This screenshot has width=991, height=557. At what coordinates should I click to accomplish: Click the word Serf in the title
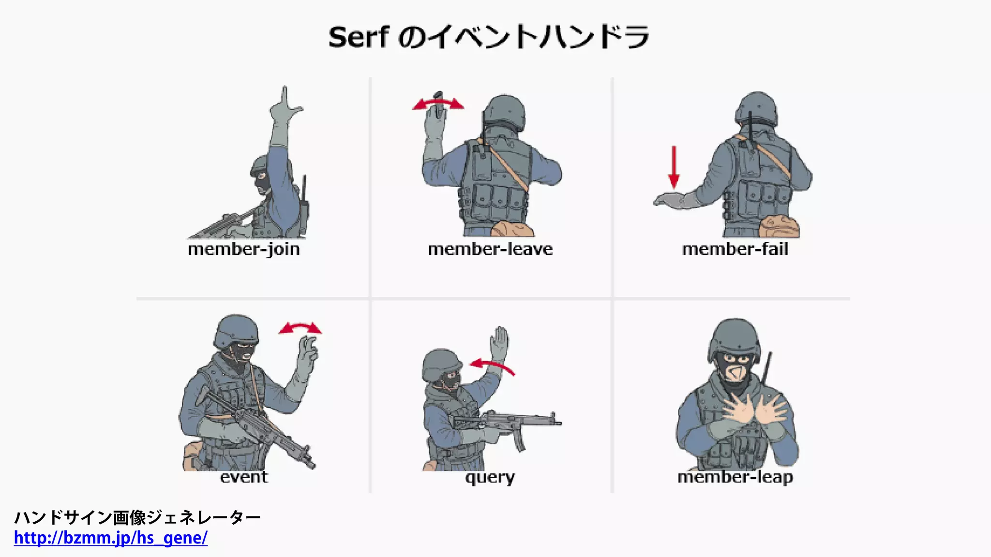[358, 37]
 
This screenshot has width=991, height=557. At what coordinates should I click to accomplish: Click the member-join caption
[244, 249]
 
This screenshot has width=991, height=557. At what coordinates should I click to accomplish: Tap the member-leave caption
[490, 249]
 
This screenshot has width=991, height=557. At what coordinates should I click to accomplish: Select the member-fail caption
[735, 249]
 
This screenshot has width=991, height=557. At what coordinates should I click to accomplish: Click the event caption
[243, 477]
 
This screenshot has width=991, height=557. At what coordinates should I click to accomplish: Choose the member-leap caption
[735, 477]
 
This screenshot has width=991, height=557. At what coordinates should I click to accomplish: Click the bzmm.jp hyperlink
[111, 538]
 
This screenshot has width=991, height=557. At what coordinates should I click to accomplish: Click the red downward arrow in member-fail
[674, 167]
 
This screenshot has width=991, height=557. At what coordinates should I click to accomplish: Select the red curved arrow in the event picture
[300, 328]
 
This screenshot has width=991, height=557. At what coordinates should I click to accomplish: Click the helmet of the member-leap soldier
[734, 336]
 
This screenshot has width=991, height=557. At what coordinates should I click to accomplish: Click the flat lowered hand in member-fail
[670, 200]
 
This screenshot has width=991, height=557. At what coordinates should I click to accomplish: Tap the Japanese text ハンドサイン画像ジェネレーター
[137, 517]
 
